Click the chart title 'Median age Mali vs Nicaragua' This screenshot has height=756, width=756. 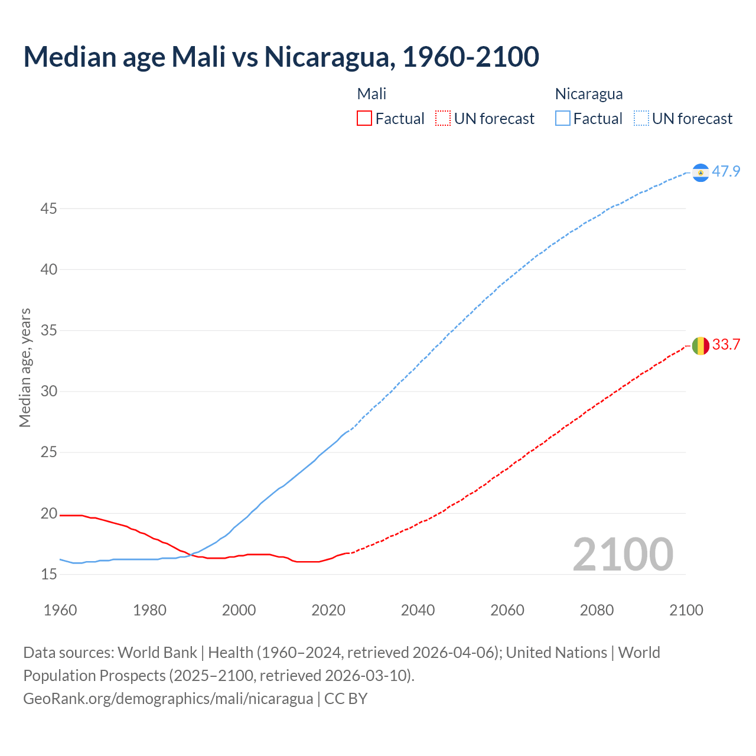pyautogui.click(x=281, y=57)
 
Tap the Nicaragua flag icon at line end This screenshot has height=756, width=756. pyautogui.click(x=700, y=172)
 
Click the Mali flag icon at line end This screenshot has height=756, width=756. pyautogui.click(x=700, y=346)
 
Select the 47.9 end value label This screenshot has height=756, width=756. pyautogui.click(x=726, y=172)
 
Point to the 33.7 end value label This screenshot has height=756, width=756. pyautogui.click(x=726, y=345)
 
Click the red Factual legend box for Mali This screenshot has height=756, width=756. pyautogui.click(x=364, y=119)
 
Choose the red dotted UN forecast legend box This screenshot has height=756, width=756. pyautogui.click(x=443, y=119)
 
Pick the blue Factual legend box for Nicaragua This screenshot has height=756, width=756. pyautogui.click(x=562, y=119)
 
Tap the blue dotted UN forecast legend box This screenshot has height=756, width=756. pyautogui.click(x=641, y=119)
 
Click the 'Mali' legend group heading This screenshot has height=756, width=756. pyautogui.click(x=372, y=94)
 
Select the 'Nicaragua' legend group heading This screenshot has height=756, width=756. pyautogui.click(x=588, y=94)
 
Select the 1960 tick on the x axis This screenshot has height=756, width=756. pyautogui.click(x=60, y=610)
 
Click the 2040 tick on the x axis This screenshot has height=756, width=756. pyautogui.click(x=418, y=610)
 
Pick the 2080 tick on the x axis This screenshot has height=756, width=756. pyautogui.click(x=597, y=610)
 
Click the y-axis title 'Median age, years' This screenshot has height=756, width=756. pyautogui.click(x=25, y=367)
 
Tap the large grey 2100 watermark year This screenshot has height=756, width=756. pyautogui.click(x=623, y=555)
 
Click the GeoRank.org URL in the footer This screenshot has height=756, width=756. pyautogui.click(x=168, y=699)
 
